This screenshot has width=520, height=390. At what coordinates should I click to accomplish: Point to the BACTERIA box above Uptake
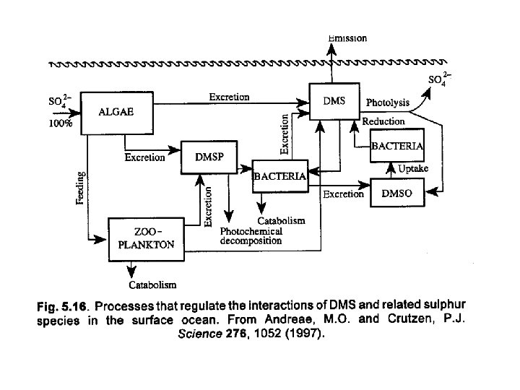click(x=396, y=145)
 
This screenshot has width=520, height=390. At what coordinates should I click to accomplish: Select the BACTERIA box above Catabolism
click(x=279, y=175)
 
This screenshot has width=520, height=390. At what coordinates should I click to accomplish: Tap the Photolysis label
click(x=388, y=103)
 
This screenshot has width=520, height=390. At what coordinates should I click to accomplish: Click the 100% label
click(x=60, y=123)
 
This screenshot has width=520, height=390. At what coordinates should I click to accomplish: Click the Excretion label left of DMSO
click(x=343, y=194)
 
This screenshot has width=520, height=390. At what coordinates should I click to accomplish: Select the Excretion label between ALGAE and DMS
click(x=229, y=97)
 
